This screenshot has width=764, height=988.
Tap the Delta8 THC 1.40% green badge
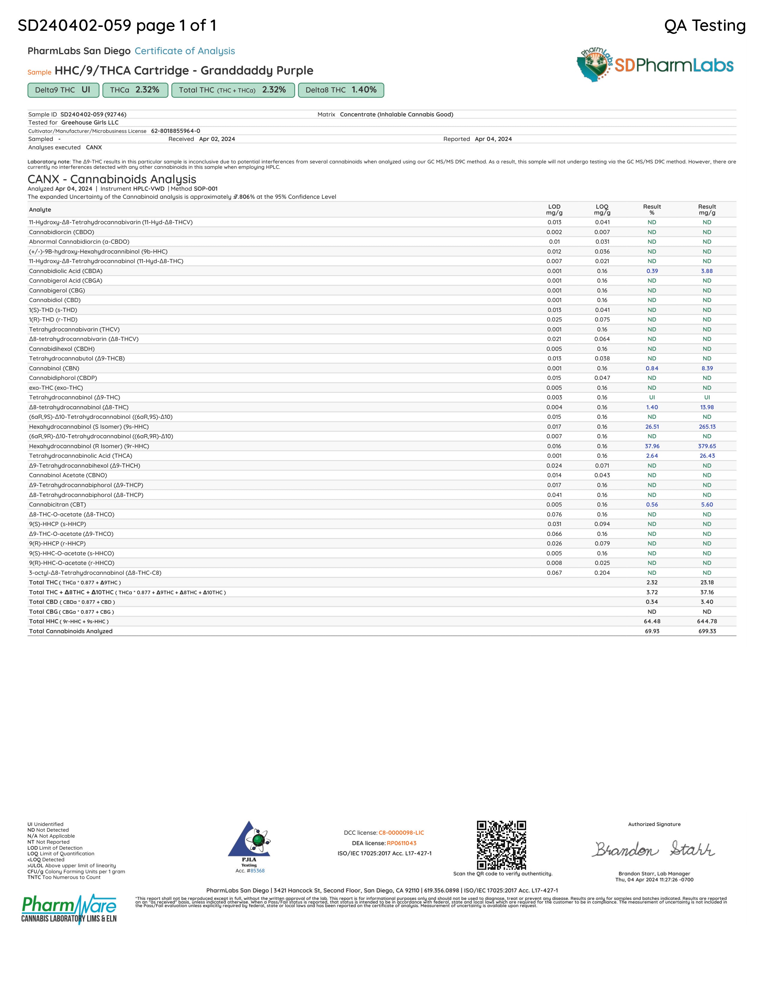click(x=341, y=90)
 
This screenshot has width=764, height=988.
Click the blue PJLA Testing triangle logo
click(x=249, y=840)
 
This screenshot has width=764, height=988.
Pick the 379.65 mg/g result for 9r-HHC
click(x=706, y=446)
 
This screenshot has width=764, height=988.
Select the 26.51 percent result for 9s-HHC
click(x=652, y=427)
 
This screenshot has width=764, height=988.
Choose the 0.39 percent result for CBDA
click(x=652, y=271)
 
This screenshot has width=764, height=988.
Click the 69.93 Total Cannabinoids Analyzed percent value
click(x=652, y=631)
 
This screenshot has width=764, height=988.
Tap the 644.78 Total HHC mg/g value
click(x=706, y=621)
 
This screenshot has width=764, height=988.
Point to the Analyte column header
click(x=40, y=210)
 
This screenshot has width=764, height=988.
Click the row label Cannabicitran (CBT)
click(x=58, y=504)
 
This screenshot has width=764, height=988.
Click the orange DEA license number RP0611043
click(x=401, y=843)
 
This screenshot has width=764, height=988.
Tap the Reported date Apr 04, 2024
click(x=493, y=139)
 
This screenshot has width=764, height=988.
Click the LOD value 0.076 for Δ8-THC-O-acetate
click(x=554, y=514)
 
